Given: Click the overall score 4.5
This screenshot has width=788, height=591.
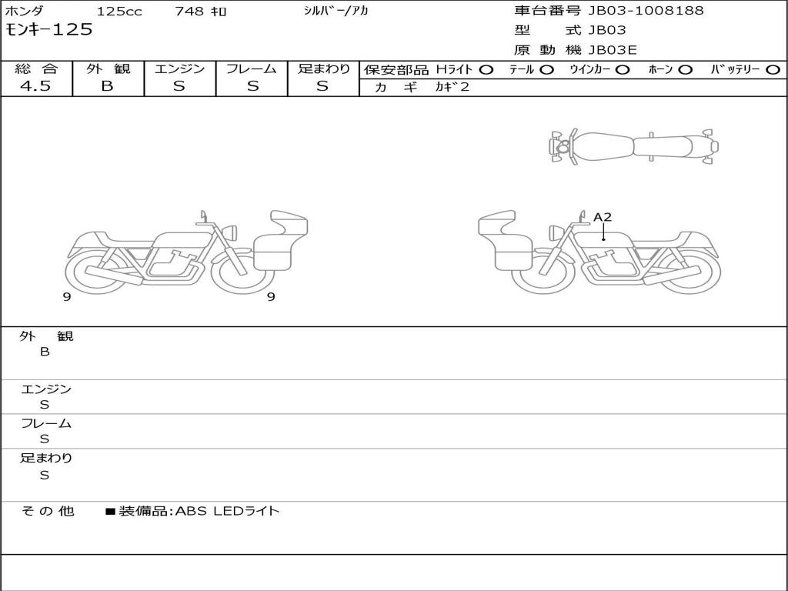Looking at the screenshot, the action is click(x=35, y=86).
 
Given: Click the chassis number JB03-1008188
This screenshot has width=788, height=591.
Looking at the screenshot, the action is click(x=646, y=10).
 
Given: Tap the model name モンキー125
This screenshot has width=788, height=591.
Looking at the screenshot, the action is click(x=48, y=30).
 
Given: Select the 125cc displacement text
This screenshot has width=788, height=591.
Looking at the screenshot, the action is click(x=119, y=11).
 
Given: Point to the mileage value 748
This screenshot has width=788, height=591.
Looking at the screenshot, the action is click(x=189, y=11).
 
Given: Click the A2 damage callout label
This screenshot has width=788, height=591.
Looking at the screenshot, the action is click(x=603, y=217).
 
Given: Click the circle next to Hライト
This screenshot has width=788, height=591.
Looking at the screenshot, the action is click(x=486, y=70).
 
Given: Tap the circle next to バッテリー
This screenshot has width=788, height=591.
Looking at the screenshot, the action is click(x=773, y=70).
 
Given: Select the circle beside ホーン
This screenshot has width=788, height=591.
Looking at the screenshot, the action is click(x=686, y=70).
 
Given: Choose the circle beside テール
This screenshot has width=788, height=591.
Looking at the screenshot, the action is click(x=547, y=70).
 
